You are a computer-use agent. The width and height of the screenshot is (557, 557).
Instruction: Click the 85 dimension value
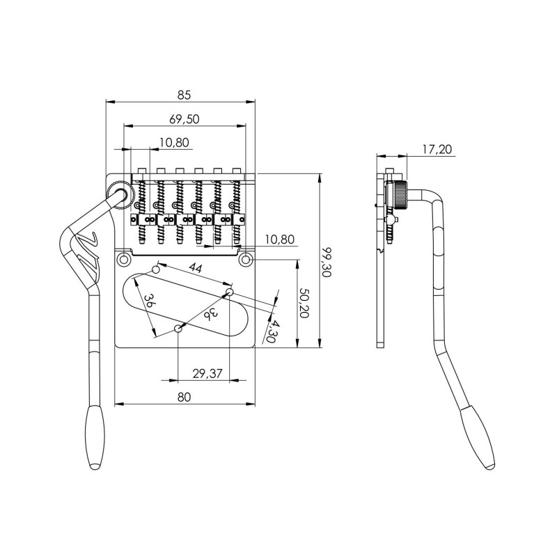click(183, 95)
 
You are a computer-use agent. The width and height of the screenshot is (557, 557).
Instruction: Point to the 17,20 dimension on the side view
click(437, 148)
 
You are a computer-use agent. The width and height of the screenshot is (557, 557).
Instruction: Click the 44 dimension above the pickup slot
click(195, 269)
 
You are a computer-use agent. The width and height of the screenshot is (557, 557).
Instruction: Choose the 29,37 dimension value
click(206, 374)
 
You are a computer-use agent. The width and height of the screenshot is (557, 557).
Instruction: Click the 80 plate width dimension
click(184, 397)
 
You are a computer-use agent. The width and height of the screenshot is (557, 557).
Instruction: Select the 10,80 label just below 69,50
click(173, 143)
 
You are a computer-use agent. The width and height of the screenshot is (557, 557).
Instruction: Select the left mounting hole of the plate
click(125, 260)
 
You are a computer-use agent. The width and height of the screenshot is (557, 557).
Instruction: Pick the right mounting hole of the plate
click(245, 260)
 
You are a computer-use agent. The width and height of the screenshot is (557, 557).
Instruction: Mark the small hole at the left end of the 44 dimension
click(157, 268)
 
